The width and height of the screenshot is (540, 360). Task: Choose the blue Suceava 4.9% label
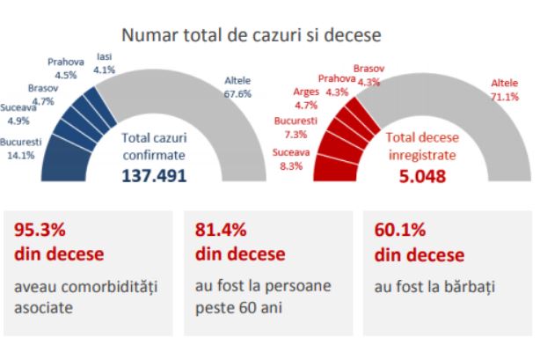[x=19, y=114]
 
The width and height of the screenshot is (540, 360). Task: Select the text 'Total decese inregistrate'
[x=419, y=145]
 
